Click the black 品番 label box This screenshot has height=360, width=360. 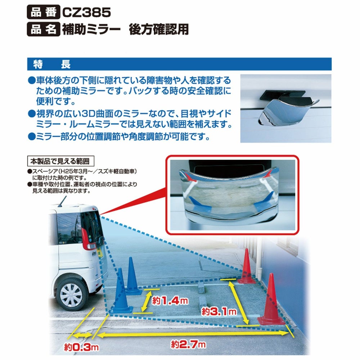[x=43, y=13]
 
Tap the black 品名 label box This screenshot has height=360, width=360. [x=43, y=30]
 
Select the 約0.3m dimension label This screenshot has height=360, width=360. [x=81, y=348]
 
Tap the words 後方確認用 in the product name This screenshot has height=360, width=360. [x=158, y=30]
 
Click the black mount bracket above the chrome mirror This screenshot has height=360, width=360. [x=284, y=94]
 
